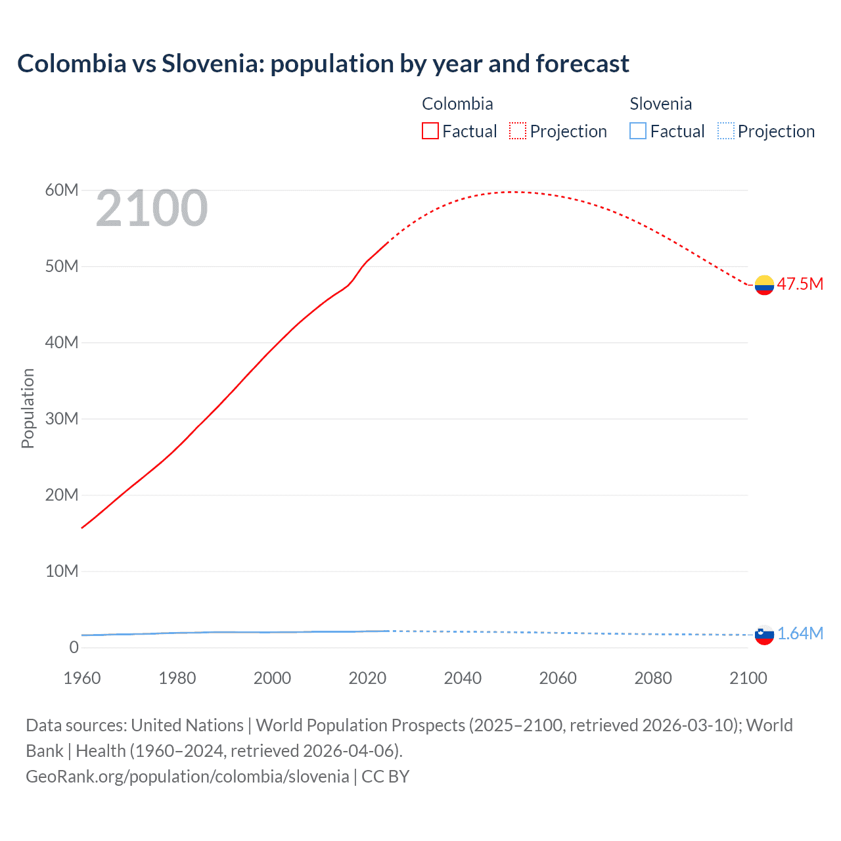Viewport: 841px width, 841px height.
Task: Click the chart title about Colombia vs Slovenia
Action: (x=323, y=64)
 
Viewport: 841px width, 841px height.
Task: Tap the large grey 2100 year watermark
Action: (x=152, y=208)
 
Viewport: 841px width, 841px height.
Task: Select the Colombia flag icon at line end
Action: (x=764, y=285)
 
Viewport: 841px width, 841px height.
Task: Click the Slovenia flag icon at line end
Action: (x=764, y=635)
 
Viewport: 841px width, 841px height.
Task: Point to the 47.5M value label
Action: (x=800, y=284)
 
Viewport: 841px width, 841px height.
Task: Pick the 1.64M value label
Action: (x=800, y=633)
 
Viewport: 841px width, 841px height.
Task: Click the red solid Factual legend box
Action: (x=430, y=131)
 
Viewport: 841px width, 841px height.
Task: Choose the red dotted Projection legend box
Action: (x=518, y=131)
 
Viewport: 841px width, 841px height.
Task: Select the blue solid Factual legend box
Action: (x=638, y=131)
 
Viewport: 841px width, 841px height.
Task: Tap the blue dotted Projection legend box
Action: (x=726, y=131)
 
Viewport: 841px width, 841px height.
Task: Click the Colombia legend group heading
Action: (x=457, y=104)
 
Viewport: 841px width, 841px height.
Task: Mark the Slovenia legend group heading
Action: (x=660, y=104)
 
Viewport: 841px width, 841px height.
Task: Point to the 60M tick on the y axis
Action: (x=62, y=191)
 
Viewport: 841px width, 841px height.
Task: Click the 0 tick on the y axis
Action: (x=74, y=647)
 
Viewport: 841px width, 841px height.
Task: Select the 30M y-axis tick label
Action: (x=62, y=419)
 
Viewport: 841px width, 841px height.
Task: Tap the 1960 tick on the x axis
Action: (x=82, y=678)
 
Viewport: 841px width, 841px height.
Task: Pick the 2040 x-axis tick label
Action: (x=463, y=678)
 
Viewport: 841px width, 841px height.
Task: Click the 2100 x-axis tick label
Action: (x=748, y=678)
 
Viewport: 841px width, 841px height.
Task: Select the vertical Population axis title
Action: (x=28, y=408)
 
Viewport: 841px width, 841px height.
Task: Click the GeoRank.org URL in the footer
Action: (x=187, y=777)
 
